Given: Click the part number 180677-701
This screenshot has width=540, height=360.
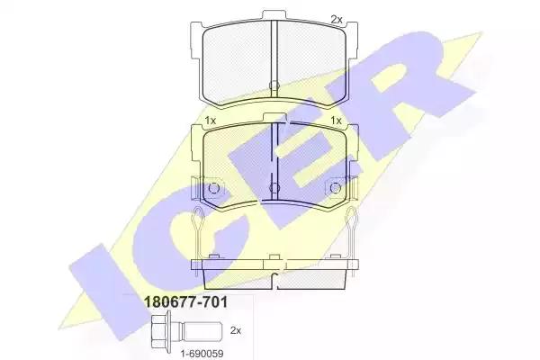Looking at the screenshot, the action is (x=185, y=302).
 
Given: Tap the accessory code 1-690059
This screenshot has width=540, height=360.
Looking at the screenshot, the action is (x=202, y=353).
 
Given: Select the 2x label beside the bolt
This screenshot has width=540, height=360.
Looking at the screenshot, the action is (x=236, y=330).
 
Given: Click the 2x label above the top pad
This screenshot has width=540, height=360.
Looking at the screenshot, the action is (x=337, y=20).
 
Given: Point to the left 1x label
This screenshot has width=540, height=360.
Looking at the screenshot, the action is (x=210, y=121).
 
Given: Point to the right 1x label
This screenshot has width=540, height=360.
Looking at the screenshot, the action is (x=336, y=121).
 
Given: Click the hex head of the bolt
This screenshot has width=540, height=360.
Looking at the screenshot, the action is (x=160, y=330).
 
